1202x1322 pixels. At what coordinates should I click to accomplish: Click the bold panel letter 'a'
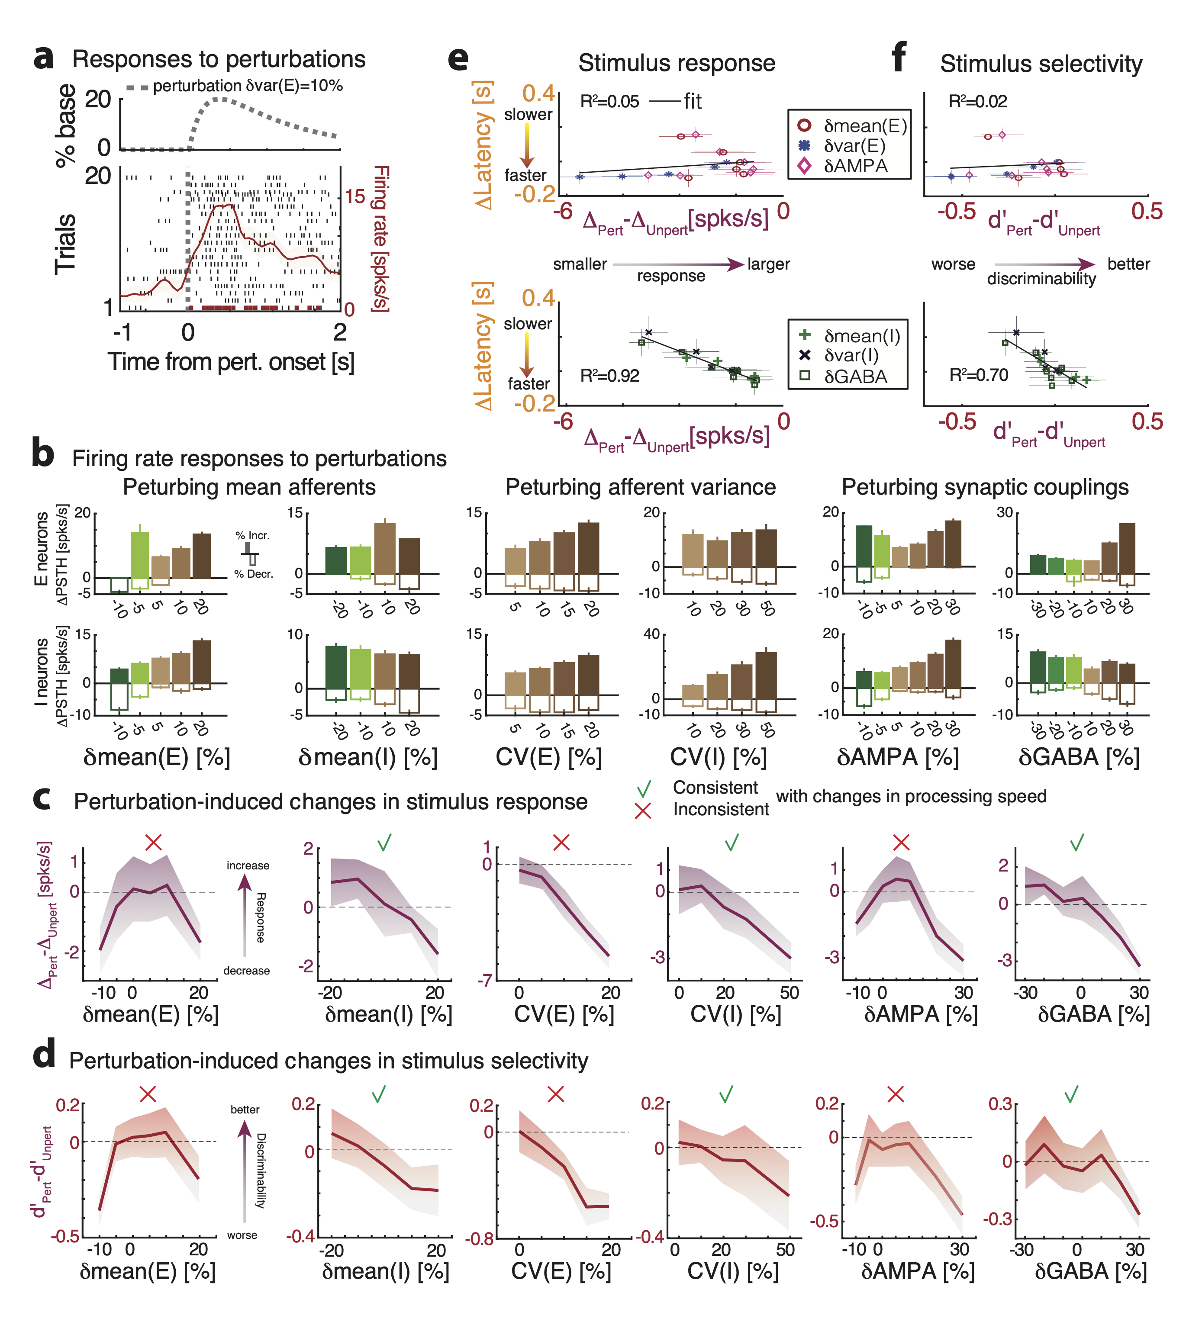tap(43, 59)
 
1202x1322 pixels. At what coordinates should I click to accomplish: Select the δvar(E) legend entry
tap(854, 145)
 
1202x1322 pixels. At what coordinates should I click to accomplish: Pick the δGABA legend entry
tap(855, 376)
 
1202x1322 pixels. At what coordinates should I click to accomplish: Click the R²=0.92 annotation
tap(609, 376)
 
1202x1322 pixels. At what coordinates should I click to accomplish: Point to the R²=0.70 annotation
tap(978, 375)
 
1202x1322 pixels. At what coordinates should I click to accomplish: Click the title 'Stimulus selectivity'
tap(1041, 64)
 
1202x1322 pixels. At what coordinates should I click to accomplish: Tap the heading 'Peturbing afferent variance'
tap(640, 487)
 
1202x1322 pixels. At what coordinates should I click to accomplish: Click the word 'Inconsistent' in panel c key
tap(721, 809)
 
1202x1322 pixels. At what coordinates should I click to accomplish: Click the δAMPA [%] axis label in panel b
tap(898, 757)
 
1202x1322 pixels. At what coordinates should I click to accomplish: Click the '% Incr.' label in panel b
tap(252, 536)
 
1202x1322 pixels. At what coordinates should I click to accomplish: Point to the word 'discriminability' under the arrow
tap(1041, 279)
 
